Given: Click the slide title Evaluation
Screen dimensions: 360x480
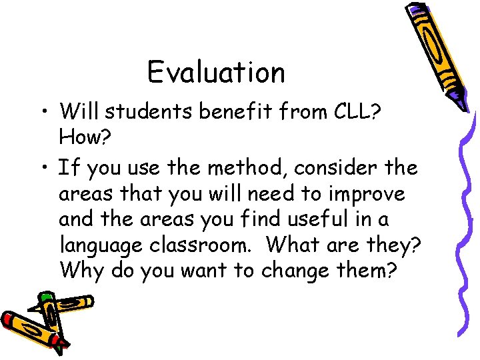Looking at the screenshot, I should [x=216, y=72].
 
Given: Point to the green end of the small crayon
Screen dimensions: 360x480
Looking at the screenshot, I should [x=45, y=296].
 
